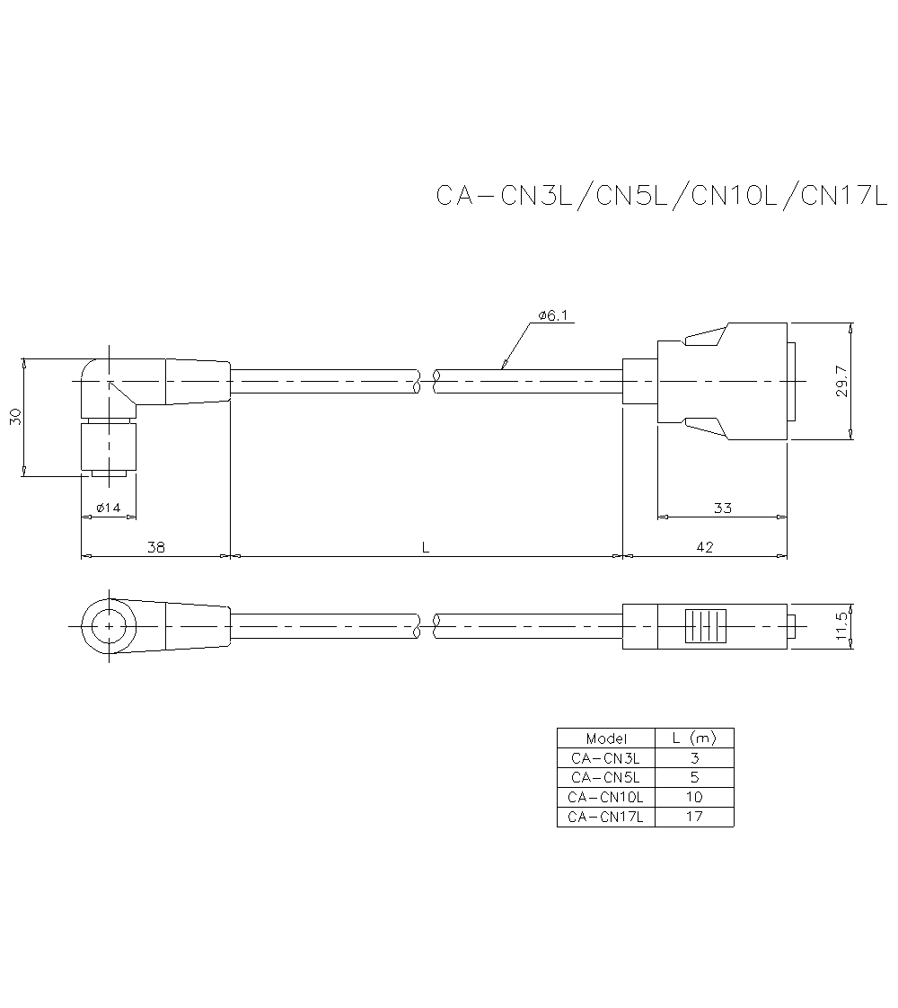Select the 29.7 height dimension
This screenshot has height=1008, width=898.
pyautogui.click(x=841, y=381)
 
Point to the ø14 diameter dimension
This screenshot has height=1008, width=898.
pyautogui.click(x=108, y=508)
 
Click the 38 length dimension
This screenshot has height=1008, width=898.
pyautogui.click(x=155, y=546)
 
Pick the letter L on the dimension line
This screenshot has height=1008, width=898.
pyautogui.click(x=426, y=546)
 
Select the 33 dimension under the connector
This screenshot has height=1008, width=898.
pyautogui.click(x=722, y=508)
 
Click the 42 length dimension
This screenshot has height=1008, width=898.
pyautogui.click(x=704, y=546)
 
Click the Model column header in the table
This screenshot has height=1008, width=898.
pyautogui.click(x=606, y=738)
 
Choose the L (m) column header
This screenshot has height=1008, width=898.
pyautogui.click(x=694, y=738)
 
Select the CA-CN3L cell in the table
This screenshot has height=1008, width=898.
pyautogui.click(x=606, y=757)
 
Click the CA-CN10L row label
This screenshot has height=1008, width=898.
pyautogui.click(x=606, y=797)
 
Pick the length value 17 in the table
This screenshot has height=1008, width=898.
pyautogui.click(x=694, y=817)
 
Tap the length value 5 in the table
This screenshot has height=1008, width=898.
pyautogui.click(x=694, y=777)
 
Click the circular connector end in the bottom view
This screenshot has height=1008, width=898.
pyautogui.click(x=110, y=625)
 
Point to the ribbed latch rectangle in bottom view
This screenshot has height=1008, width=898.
pyautogui.click(x=705, y=626)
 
